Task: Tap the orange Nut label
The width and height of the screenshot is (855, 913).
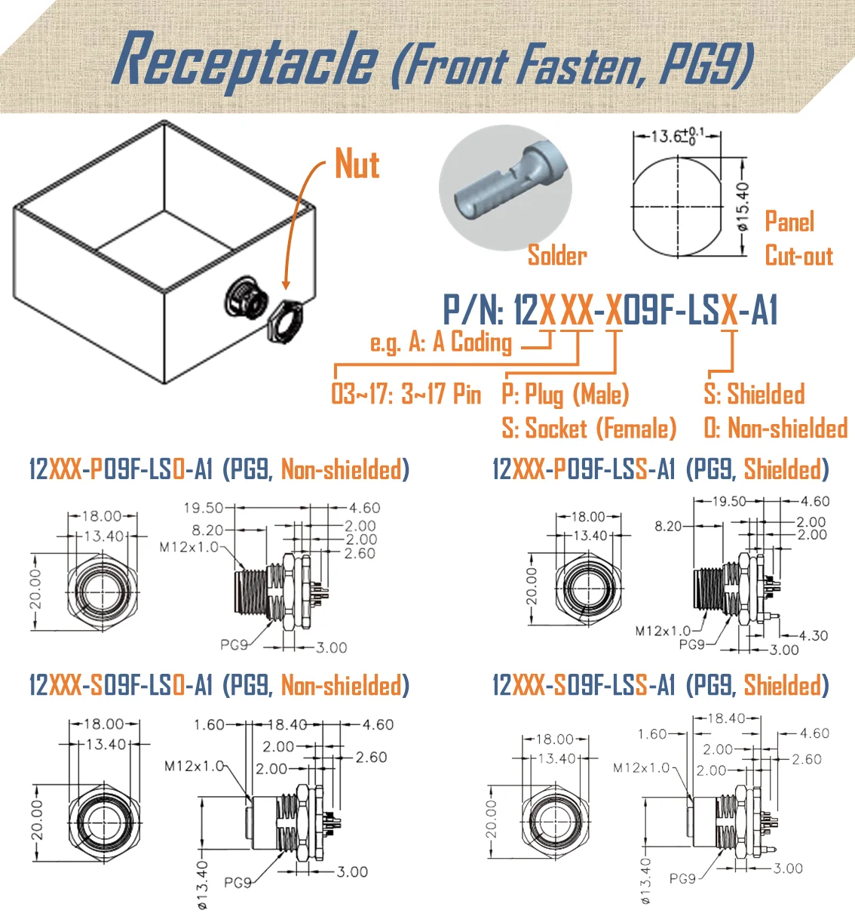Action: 357,164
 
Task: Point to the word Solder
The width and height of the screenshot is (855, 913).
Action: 556,255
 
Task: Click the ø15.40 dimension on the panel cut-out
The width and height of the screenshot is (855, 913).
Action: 743,206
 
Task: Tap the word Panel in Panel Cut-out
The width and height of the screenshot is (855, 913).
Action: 789,222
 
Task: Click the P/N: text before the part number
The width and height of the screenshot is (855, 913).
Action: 473,310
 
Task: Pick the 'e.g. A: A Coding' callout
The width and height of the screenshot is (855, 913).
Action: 441,343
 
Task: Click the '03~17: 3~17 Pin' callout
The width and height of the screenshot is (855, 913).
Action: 406,394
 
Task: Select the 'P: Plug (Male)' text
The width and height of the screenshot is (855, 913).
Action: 565,394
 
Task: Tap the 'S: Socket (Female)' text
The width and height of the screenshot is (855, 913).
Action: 588,429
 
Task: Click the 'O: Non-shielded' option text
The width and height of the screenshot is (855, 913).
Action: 775,429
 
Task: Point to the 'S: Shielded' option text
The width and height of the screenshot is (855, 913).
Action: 754,394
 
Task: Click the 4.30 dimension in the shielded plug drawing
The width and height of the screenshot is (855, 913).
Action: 813,635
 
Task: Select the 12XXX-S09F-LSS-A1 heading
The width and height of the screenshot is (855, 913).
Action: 584,685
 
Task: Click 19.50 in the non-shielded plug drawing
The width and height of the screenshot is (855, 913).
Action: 203,508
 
